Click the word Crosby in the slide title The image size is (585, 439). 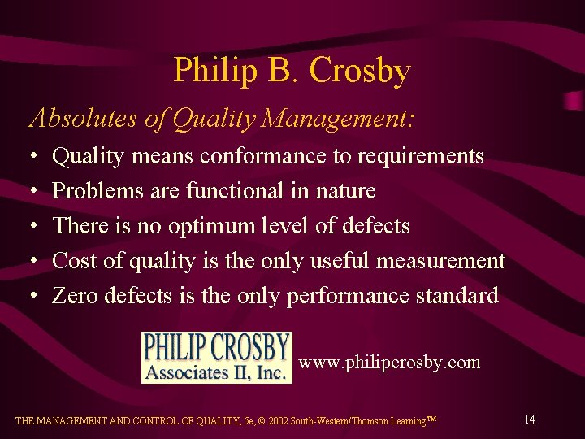[361, 72]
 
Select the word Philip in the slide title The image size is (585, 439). [209, 72]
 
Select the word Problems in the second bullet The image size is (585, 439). [91, 191]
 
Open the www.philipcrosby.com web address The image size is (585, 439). [389, 363]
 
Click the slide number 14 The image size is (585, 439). [529, 419]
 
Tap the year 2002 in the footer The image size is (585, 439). [276, 421]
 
